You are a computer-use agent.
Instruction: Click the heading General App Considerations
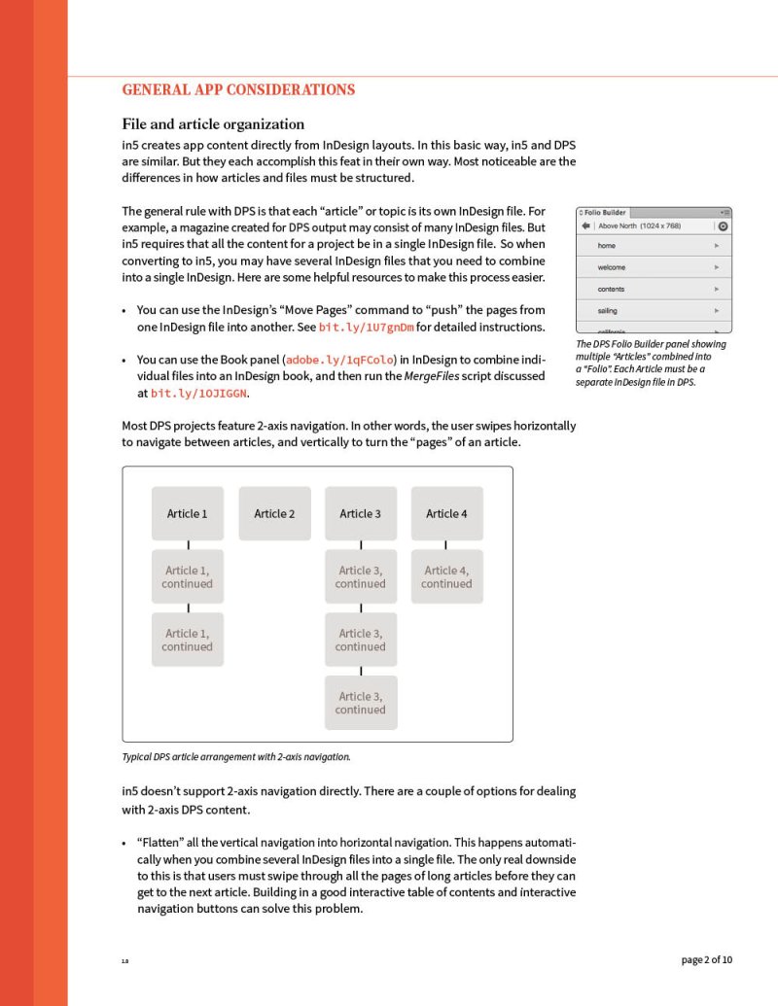coord(238,90)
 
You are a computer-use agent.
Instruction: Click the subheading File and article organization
coord(213,124)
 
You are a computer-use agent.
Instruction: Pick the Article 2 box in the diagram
coord(274,513)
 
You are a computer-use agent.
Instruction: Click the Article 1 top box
coord(187,513)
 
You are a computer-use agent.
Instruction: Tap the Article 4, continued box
coord(446,576)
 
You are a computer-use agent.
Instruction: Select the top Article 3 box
coord(360,513)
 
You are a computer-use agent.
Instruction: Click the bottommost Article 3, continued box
coord(360,702)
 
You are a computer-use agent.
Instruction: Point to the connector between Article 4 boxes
coord(445,545)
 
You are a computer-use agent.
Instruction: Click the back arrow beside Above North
coord(585,226)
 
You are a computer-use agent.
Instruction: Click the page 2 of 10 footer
coord(707,960)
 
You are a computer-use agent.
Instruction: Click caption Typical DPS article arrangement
coord(236,756)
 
